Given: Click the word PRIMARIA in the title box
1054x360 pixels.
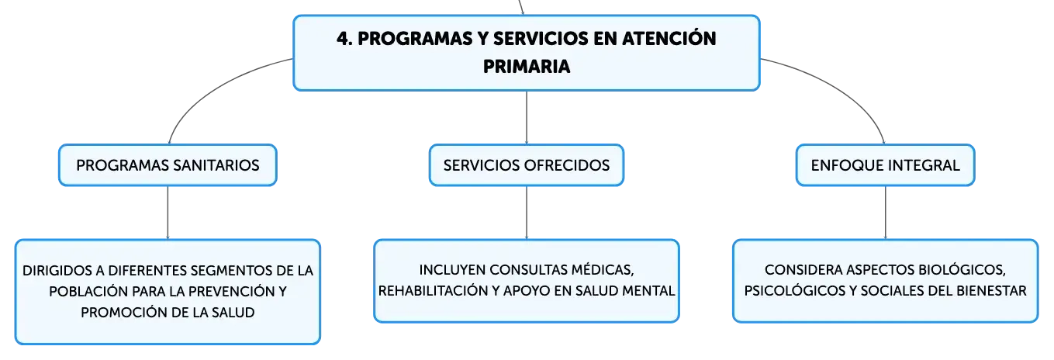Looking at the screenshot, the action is point(527,67).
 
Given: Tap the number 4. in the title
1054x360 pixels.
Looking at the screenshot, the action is point(344,39).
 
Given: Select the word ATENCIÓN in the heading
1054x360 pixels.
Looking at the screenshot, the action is point(669,38).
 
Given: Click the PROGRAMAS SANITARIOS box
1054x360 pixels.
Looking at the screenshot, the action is point(168,165).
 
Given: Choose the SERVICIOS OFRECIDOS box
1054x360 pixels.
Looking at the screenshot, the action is point(527,165).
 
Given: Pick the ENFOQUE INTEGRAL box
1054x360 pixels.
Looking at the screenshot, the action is point(885,165).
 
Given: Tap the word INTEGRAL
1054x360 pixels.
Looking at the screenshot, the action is point(924,166).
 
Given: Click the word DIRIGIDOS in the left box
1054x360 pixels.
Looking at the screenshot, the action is point(57,271).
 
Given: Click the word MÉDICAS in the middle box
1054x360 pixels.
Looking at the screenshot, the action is point(603,270).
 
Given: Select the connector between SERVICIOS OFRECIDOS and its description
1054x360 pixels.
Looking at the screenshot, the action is point(527,213).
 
